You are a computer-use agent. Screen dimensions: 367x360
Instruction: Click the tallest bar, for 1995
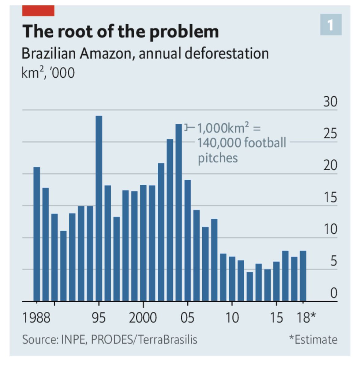pyautogui.click(x=99, y=208)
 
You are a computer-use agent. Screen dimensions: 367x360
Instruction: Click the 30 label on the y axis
pyautogui.click(x=330, y=102)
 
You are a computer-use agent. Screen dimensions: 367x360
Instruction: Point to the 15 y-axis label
pyautogui.click(x=330, y=198)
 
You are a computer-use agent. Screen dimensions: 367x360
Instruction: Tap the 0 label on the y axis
pyautogui.click(x=333, y=293)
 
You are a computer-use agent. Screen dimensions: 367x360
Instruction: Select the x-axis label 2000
pyautogui.click(x=143, y=317)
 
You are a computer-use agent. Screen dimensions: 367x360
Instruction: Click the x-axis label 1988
pyautogui.click(x=36, y=317)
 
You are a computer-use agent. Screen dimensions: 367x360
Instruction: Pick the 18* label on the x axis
pyautogui.click(x=306, y=317)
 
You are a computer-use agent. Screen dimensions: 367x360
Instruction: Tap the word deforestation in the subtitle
pyautogui.click(x=227, y=54)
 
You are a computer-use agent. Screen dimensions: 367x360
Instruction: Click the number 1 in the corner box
pyautogui.click(x=330, y=24)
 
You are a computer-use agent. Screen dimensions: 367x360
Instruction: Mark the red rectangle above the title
pyautogui.click(x=38, y=11)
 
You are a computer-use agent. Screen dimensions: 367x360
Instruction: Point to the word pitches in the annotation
pyautogui.click(x=218, y=158)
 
